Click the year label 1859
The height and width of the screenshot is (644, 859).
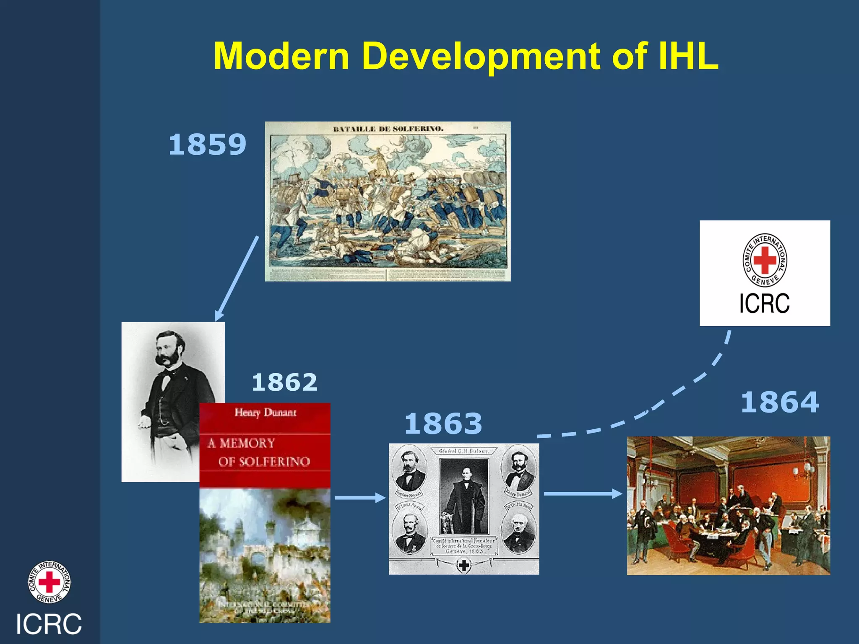pyautogui.click(x=207, y=144)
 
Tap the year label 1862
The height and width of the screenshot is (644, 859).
pyautogui.click(x=284, y=382)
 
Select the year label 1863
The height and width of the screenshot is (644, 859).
pyautogui.click(x=443, y=423)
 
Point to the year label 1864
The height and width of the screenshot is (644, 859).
pyautogui.click(x=780, y=402)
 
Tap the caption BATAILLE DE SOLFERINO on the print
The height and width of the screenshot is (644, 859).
pyautogui.click(x=388, y=129)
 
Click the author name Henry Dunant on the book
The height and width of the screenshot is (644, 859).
pyautogui.click(x=265, y=413)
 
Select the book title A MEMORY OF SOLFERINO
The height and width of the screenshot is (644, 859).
pyautogui.click(x=259, y=452)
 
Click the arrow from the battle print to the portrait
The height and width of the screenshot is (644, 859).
pyautogui.click(x=237, y=279)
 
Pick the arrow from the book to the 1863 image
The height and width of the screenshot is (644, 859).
pyautogui.click(x=360, y=498)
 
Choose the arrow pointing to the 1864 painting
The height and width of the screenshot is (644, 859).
pyautogui.click(x=583, y=493)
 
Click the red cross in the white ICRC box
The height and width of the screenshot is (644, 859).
pyautogui.click(x=765, y=260)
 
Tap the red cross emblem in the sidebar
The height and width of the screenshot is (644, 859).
pyautogui.click(x=49, y=582)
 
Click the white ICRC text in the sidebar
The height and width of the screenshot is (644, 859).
pyautogui.click(x=49, y=624)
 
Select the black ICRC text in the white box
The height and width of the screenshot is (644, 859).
pyautogui.click(x=764, y=303)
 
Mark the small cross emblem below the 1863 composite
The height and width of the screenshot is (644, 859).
pyautogui.click(x=463, y=566)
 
